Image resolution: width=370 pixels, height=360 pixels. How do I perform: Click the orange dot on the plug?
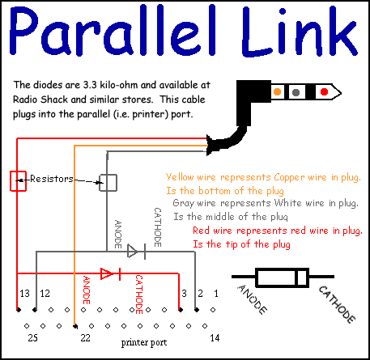[277, 92]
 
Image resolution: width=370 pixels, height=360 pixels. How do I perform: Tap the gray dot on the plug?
[296, 92]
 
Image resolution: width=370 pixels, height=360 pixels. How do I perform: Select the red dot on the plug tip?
[324, 92]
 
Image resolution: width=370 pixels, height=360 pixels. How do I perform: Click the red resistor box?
[18, 181]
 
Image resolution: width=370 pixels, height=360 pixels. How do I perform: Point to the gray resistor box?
[108, 183]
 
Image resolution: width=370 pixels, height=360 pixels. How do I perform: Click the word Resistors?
[52, 179]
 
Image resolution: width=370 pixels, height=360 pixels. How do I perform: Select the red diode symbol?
[110, 273]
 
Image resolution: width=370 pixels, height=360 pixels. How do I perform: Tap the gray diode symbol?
[136, 252]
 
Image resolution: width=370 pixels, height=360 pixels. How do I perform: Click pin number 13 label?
[24, 293]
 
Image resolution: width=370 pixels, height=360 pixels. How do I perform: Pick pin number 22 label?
[85, 337]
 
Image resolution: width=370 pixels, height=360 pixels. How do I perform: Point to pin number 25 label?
[32, 337]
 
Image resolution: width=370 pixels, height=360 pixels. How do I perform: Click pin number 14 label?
[215, 337]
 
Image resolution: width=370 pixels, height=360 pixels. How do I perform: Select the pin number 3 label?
[184, 293]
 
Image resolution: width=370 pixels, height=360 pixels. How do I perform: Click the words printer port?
[144, 342]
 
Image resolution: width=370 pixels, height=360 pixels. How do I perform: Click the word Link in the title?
[300, 30]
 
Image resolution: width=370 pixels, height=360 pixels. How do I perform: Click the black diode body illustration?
[282, 277]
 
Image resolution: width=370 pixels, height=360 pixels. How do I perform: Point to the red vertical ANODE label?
[87, 290]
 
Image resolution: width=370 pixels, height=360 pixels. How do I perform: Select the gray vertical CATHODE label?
[158, 227]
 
